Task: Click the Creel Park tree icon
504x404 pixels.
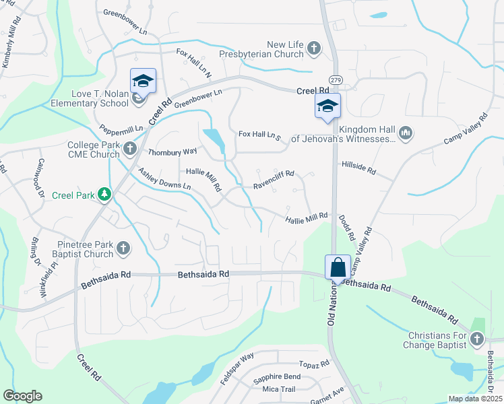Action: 104,195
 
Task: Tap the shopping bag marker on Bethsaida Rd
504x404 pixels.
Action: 338,267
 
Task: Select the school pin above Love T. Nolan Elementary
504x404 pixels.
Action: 143,81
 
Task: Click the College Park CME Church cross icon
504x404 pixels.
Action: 130,147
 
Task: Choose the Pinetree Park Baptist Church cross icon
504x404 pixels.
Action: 123,248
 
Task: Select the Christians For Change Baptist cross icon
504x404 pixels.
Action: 477,339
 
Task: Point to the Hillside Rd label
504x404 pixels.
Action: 358,168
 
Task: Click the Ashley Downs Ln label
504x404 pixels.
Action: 164,178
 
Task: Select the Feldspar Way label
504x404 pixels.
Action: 238,369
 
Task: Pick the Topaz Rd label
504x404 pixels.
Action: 314,364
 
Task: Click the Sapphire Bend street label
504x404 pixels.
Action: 277,376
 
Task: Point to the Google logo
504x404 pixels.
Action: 22,396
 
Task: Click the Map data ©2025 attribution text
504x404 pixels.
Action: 474,399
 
